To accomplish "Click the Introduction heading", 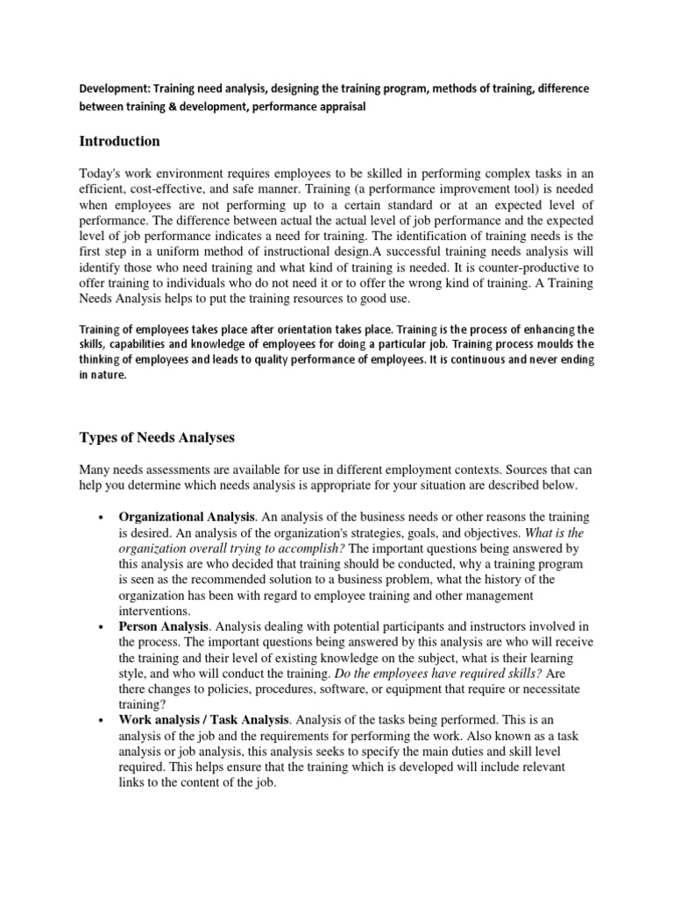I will (119, 141).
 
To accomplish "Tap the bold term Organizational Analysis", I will (182, 517).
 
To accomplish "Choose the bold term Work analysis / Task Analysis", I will (202, 718).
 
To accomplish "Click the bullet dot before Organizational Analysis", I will (103, 517).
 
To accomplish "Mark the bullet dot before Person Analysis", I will (103, 626).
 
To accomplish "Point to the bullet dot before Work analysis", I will (103, 718).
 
